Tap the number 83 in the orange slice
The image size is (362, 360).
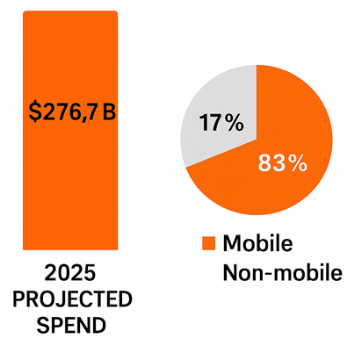[x=271, y=163]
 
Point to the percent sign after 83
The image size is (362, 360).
[x=298, y=163]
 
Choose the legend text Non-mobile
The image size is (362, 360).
[x=281, y=271]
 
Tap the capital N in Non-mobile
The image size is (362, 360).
[x=232, y=271]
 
